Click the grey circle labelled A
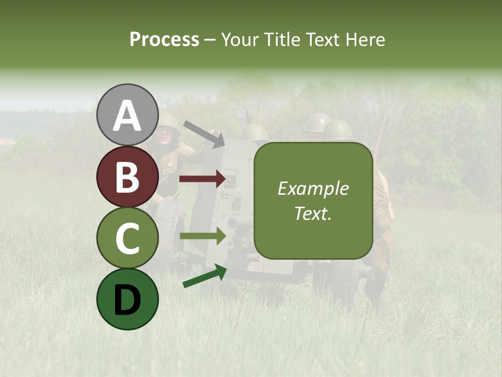click(127, 115)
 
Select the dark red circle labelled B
click(127, 176)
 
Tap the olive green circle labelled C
click(127, 238)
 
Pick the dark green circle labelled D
click(127, 299)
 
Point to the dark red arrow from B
click(203, 179)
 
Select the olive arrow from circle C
click(203, 236)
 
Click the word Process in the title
click(164, 40)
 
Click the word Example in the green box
click(313, 189)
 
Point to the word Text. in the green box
click(313, 213)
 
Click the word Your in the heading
click(238, 40)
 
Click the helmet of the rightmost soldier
click(338, 130)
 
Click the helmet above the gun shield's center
click(254, 132)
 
